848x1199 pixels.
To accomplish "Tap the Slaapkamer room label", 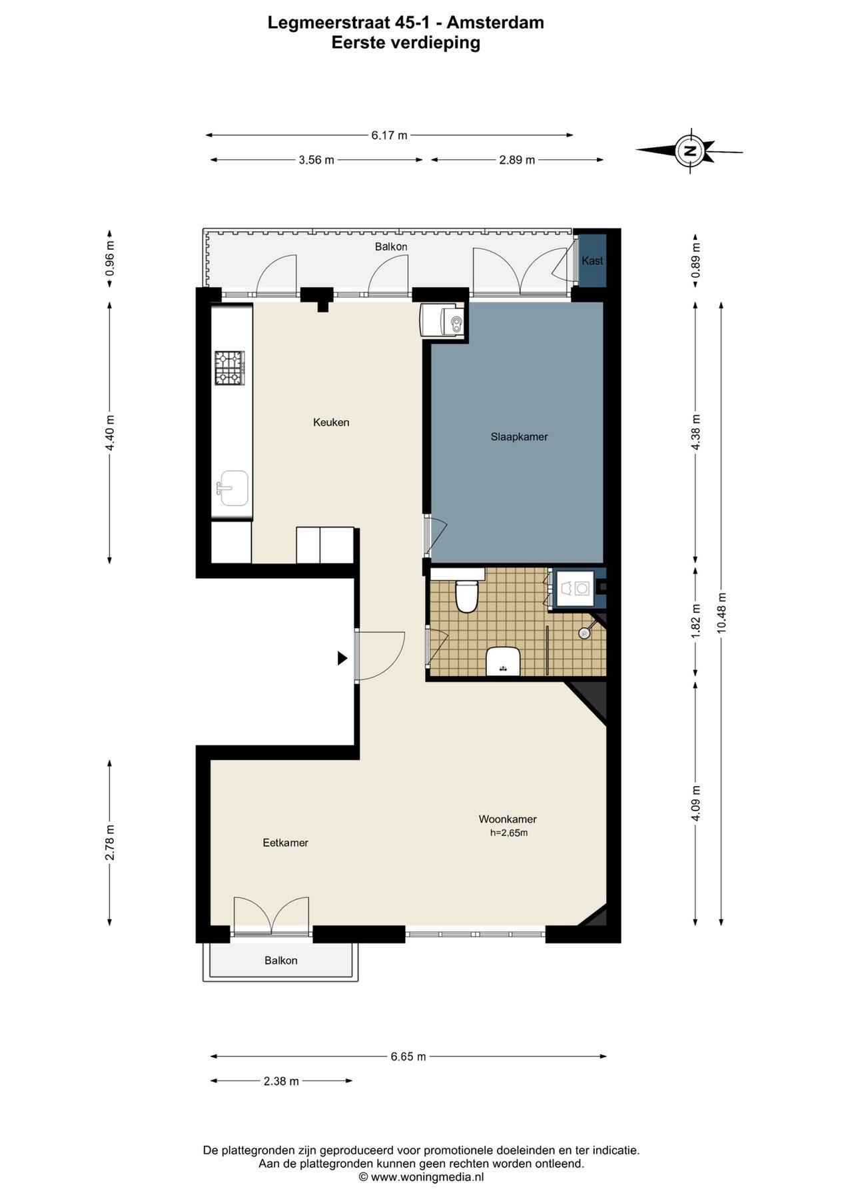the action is (519, 437).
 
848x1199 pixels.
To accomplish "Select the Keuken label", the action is (331, 422).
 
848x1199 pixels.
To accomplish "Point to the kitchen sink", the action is (232, 489).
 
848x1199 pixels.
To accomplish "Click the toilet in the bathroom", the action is (466, 596).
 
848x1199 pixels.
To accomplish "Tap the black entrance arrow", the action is (342, 658).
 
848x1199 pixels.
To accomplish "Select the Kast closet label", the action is (592, 261).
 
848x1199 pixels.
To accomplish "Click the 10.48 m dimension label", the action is (722, 613).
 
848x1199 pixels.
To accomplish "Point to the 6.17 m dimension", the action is (389, 135).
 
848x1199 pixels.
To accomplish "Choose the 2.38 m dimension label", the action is (281, 1081).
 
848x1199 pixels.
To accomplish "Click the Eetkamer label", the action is (285, 843).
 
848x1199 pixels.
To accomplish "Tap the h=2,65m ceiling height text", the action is (509, 833).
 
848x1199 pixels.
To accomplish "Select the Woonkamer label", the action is (508, 819).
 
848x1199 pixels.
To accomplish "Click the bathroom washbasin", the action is (503, 661).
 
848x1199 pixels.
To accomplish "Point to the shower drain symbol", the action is (584, 633).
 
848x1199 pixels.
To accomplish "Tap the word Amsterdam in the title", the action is (495, 23).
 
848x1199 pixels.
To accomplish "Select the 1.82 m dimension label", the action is (696, 621).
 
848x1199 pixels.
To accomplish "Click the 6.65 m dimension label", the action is (408, 1056).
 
